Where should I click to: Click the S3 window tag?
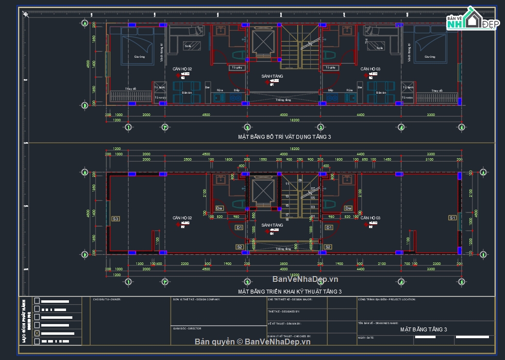click(x=116, y=219)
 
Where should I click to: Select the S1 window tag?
click(x=452, y=218)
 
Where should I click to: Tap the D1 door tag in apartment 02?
click(x=239, y=227)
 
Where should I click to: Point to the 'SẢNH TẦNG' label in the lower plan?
click(x=272, y=226)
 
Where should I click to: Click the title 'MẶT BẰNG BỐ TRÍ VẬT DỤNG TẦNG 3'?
click(x=285, y=137)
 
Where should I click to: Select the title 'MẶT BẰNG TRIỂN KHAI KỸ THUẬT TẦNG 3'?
click(x=289, y=292)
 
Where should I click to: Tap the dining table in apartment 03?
click(x=381, y=92)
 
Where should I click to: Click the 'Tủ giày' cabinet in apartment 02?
click(x=236, y=68)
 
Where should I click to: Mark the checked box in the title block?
click(x=37, y=333)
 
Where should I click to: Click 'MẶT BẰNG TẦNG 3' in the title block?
click(x=423, y=329)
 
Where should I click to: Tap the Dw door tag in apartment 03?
click(x=348, y=208)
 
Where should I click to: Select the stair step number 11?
click(x=287, y=184)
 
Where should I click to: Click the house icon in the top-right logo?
click(x=471, y=20)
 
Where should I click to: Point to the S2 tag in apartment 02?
click(x=239, y=247)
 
